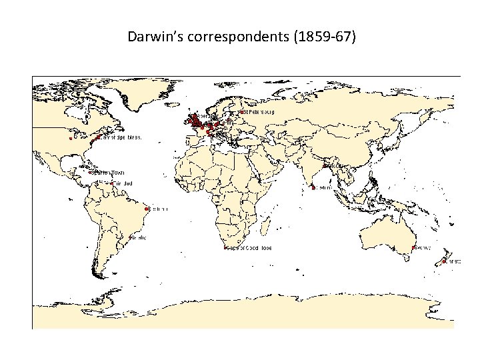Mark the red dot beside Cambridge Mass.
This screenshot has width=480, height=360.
click(99, 137)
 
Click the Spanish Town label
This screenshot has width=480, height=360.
click(111, 173)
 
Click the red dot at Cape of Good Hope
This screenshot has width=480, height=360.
click(226, 248)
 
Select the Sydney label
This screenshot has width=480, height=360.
click(423, 248)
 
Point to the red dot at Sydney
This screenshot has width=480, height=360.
click(413, 248)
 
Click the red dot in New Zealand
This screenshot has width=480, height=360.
click(444, 262)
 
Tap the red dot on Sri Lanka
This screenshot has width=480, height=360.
click(313, 188)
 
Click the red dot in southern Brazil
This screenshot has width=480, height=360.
click(130, 237)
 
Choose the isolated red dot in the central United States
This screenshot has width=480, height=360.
click(70, 139)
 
